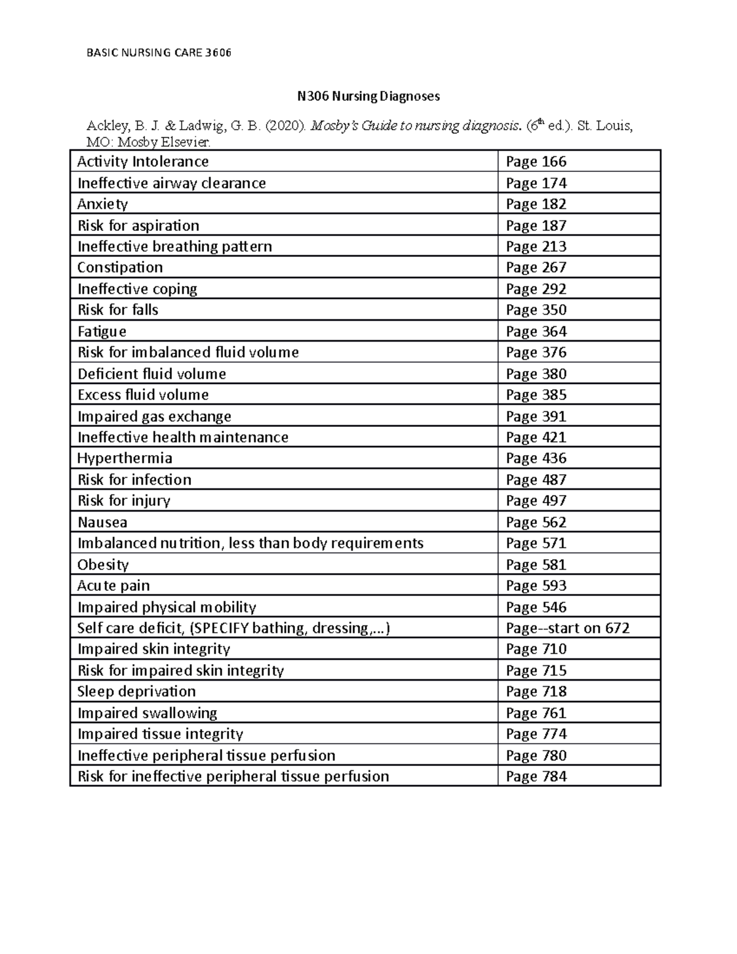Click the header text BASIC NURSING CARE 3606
(x=159, y=53)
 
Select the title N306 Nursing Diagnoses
(x=368, y=96)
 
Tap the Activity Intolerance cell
(x=143, y=162)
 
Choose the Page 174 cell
(x=536, y=183)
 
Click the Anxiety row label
(x=103, y=204)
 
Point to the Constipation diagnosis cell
(x=120, y=267)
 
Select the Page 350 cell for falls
(x=536, y=310)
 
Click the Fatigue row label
(x=102, y=331)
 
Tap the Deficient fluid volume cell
(x=152, y=373)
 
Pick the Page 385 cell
(x=536, y=394)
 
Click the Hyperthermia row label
(x=125, y=458)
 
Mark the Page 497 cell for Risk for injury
(x=536, y=501)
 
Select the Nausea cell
(x=103, y=522)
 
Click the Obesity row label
(x=103, y=565)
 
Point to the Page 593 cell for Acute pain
(x=536, y=585)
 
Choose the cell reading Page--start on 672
(x=567, y=628)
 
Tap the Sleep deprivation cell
(x=136, y=691)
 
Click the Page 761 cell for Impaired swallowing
(x=536, y=713)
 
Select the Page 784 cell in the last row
(x=536, y=776)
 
